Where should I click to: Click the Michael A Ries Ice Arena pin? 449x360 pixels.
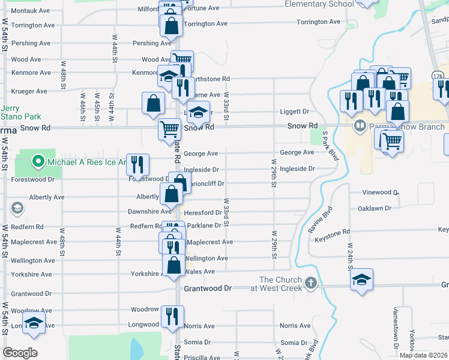point(38,161)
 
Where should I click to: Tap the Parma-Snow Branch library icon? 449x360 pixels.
point(360,126)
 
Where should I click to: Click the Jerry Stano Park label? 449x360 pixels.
point(14,112)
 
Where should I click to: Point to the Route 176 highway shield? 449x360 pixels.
point(437,74)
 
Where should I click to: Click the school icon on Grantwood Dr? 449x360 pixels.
point(361,280)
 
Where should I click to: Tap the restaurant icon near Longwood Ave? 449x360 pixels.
point(173,316)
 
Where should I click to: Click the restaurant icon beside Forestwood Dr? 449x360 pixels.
point(138,165)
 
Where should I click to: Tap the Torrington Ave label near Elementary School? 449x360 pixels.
point(319,22)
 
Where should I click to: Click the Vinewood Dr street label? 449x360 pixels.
point(381,193)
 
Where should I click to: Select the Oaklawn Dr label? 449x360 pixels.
point(374,208)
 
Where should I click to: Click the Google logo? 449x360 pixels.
point(20,353)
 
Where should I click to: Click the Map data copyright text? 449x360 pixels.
point(423,355)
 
